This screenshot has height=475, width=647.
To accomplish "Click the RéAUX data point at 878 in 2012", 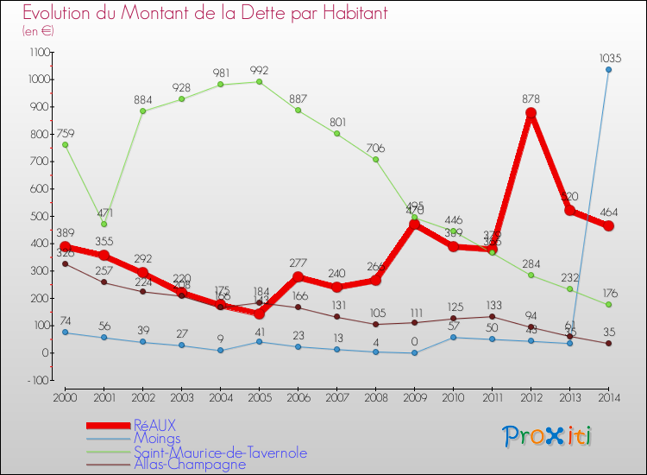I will coord(531,113).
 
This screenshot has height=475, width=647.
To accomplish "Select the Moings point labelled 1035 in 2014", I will coord(609,70).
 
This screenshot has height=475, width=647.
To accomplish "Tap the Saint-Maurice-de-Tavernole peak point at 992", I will coord(260,82).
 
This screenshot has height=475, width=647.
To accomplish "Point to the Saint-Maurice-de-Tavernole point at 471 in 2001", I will coord(104,224).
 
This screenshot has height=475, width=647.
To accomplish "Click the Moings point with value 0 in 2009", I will coord(415,352).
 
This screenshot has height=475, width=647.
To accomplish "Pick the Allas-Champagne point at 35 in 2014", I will coord(609,343).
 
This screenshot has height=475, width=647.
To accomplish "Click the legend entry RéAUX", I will coord(156,426).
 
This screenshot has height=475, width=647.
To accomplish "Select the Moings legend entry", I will coord(158,439).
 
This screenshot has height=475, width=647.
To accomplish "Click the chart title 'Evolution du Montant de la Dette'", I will coord(193,14).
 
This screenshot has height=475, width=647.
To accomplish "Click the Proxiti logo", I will coord(549,436).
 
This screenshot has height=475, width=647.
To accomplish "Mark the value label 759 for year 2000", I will coord(66,133).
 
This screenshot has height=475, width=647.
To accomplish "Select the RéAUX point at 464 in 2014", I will coord(609,226).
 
